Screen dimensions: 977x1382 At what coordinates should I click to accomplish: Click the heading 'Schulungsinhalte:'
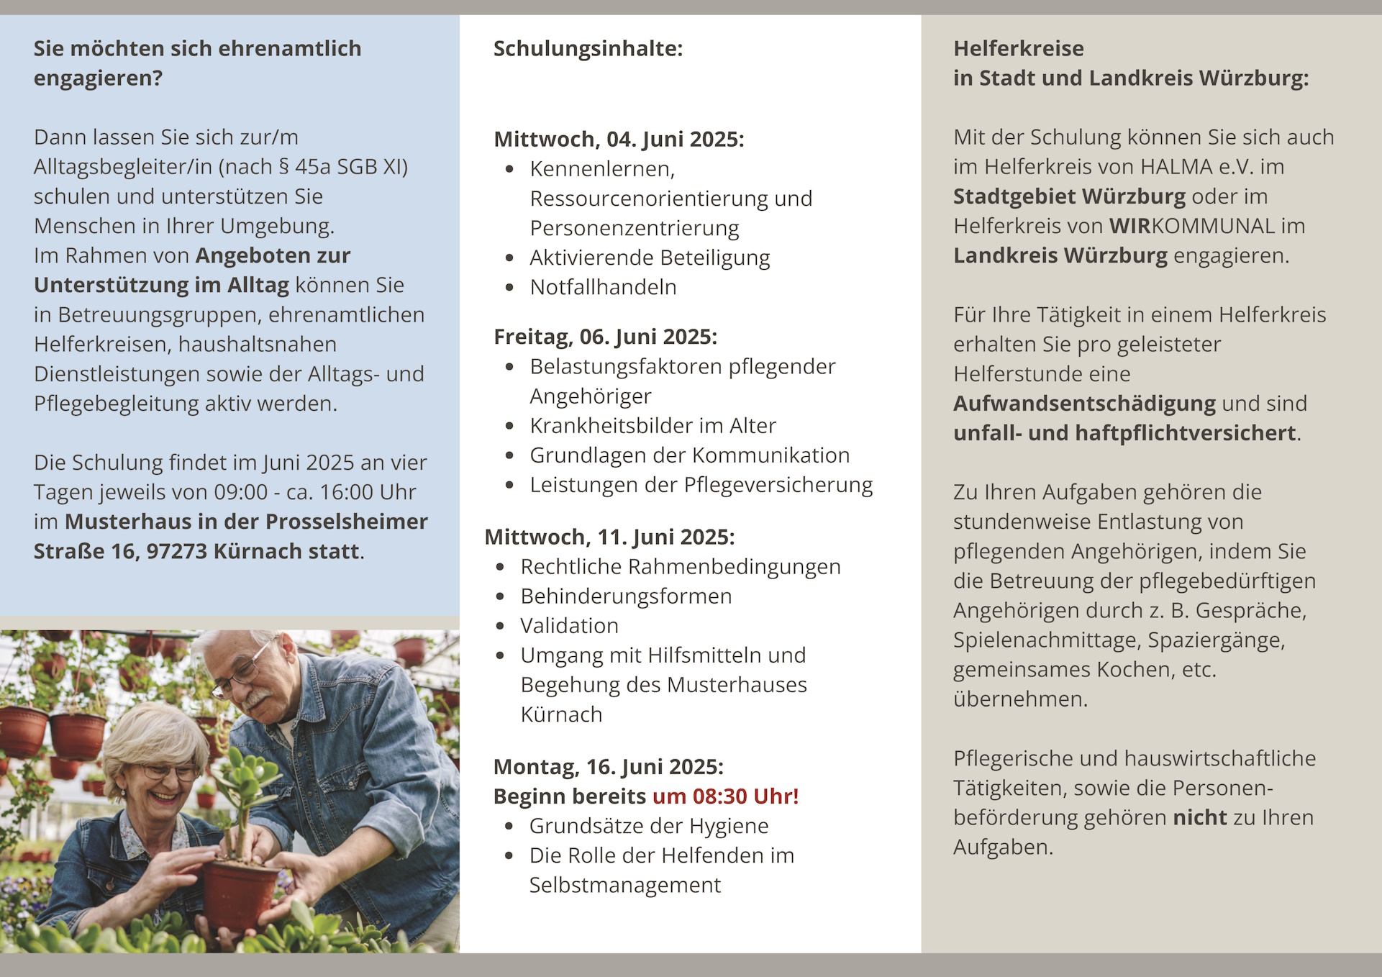[x=588, y=49]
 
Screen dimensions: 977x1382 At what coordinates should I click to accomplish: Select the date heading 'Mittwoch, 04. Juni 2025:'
[x=619, y=139]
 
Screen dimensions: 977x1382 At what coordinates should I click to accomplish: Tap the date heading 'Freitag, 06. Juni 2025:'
[x=605, y=337]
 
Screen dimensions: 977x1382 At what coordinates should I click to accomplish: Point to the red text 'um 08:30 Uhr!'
[x=725, y=796]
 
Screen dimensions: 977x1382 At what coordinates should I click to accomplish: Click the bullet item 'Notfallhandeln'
[x=603, y=287]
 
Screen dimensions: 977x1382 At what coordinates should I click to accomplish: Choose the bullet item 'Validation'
[x=569, y=626]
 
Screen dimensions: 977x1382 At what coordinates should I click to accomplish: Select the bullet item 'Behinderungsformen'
[x=626, y=596]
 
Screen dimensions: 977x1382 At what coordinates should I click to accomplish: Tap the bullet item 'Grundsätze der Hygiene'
[x=648, y=826]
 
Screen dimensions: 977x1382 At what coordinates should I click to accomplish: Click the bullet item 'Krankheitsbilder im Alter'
[x=653, y=426]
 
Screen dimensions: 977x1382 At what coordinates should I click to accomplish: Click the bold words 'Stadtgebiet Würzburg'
[x=1069, y=196]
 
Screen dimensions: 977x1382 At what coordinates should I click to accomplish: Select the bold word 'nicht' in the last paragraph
[x=1199, y=818]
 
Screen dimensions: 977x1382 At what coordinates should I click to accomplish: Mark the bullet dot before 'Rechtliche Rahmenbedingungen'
[x=500, y=568]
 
